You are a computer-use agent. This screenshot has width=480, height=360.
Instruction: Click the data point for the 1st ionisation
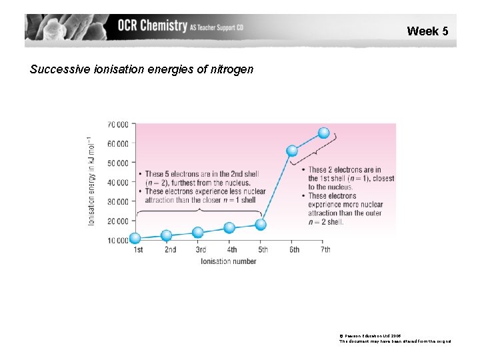click(135, 238)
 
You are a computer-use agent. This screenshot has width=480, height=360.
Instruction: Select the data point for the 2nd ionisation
click(167, 235)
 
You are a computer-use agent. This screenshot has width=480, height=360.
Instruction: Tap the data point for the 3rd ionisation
click(198, 233)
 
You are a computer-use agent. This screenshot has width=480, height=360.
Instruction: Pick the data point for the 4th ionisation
click(229, 228)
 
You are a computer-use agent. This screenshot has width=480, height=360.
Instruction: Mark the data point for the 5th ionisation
click(261, 225)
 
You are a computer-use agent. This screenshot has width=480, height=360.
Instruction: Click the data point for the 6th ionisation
click(292, 151)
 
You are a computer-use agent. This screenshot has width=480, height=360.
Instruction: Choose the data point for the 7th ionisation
click(324, 133)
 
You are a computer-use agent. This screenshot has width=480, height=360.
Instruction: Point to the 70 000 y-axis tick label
click(118, 125)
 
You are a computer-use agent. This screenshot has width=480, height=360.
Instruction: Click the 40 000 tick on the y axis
click(118, 183)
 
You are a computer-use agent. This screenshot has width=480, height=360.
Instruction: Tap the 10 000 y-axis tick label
click(118, 241)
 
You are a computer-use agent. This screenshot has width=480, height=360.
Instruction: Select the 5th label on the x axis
click(263, 250)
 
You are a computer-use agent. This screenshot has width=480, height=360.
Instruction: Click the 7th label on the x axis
click(325, 250)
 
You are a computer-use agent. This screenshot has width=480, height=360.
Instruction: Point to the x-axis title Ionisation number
click(229, 261)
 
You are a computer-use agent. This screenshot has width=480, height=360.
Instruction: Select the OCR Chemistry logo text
click(152, 26)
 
